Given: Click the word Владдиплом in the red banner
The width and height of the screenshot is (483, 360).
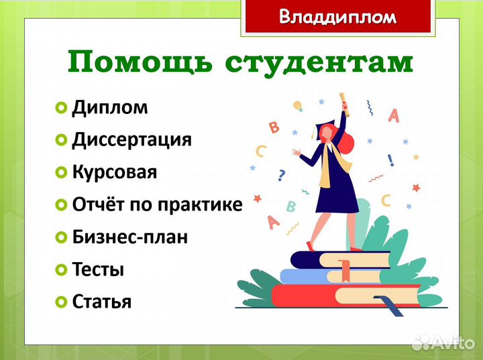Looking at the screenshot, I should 337,17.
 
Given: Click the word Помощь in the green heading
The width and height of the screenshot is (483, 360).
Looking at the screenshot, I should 140,62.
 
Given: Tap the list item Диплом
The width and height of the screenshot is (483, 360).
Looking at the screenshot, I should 110,107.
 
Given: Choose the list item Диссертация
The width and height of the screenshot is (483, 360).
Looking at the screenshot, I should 131,139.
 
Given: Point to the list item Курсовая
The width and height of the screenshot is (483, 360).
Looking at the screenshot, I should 114,172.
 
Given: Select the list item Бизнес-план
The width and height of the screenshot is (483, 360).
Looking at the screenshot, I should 129,237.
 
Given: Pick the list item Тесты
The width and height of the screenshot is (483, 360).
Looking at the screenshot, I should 98,269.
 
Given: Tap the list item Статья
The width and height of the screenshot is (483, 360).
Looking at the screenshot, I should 101,302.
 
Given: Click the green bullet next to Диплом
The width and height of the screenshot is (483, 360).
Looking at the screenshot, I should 62,108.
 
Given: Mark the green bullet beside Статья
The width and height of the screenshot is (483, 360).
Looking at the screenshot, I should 62,302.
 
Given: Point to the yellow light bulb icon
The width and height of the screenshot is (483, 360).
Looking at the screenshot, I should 298,106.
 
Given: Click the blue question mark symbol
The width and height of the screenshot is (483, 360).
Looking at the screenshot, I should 281,176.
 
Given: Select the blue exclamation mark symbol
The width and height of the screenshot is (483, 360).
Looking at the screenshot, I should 390,160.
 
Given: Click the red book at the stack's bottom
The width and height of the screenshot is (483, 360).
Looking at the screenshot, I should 342,295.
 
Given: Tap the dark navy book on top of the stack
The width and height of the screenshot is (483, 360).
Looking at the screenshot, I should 339,259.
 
